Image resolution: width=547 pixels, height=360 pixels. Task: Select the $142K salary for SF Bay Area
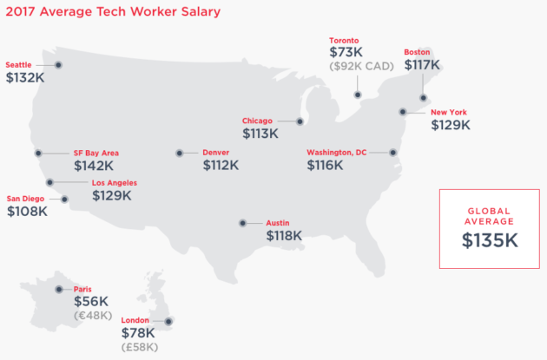pyautogui.click(x=93, y=166)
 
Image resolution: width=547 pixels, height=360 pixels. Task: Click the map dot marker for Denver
pyautogui.click(x=180, y=153)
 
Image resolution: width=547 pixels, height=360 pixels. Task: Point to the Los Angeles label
pyautogui.click(x=114, y=183)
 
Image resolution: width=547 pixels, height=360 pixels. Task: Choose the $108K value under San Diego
pyautogui.click(x=27, y=211)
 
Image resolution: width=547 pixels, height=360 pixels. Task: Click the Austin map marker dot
pyautogui.click(x=242, y=223)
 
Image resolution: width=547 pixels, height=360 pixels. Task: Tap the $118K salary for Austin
pyautogui.click(x=284, y=235)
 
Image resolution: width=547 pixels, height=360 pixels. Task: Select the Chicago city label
pyautogui.click(x=257, y=121)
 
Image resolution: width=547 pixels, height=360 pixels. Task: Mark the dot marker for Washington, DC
pyautogui.click(x=393, y=153)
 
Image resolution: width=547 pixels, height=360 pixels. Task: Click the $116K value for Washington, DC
pyautogui.click(x=325, y=165)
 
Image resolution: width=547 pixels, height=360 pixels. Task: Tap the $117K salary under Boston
pyautogui.click(x=423, y=64)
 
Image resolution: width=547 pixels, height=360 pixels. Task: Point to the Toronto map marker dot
pyautogui.click(x=358, y=95)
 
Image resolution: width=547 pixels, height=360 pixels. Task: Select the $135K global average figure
pyautogui.click(x=489, y=240)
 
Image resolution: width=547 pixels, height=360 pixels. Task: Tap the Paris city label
pyautogui.click(x=83, y=290)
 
